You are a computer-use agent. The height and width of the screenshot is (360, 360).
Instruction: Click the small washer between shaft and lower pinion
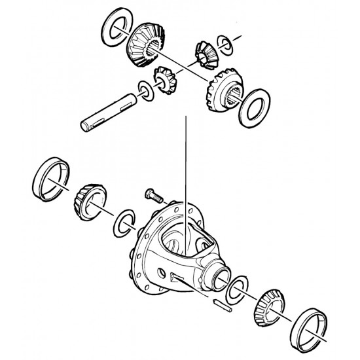coord(145,90)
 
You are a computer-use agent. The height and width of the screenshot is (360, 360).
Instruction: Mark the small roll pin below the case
coord(221,303)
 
